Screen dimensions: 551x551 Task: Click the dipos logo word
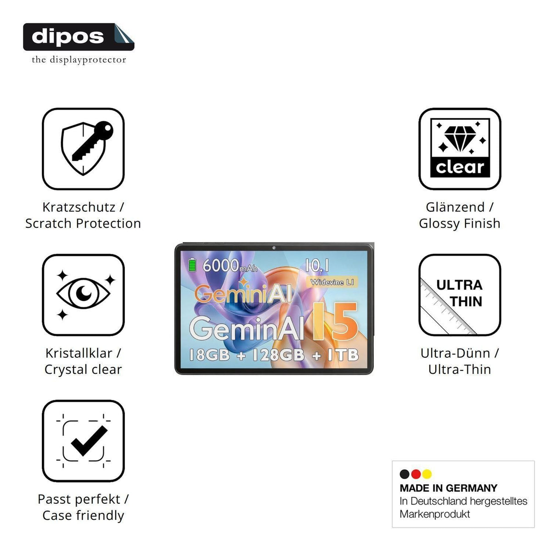pyautogui.click(x=68, y=37)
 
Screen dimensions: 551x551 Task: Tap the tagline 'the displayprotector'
pyautogui.click(x=79, y=60)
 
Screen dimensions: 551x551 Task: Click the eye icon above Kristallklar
pyautogui.click(x=83, y=294)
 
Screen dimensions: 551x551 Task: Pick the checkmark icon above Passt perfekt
pyautogui.click(x=83, y=441)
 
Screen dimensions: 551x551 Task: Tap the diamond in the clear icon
pyautogui.click(x=460, y=138)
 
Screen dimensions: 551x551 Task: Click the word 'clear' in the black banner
pyautogui.click(x=460, y=167)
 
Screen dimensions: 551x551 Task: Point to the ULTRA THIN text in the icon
pyautogui.click(x=460, y=293)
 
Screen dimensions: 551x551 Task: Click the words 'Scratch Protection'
pyautogui.click(x=83, y=223)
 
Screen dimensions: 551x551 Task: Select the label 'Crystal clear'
pyautogui.click(x=83, y=369)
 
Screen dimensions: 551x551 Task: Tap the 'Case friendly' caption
pyautogui.click(x=83, y=515)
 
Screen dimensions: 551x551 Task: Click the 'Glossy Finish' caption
pyautogui.click(x=460, y=224)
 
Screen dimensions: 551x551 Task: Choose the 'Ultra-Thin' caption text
pyautogui.click(x=460, y=369)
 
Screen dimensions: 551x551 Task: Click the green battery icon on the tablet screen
pyautogui.click(x=192, y=265)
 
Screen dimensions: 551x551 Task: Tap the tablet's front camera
pyautogui.click(x=274, y=247)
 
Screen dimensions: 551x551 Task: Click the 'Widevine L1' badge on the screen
pyautogui.click(x=332, y=282)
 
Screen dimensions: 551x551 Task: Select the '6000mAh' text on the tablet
pyautogui.click(x=230, y=266)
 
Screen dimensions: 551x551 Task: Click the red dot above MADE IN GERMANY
pyautogui.click(x=416, y=474)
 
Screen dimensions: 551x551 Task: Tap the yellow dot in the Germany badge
pyautogui.click(x=427, y=474)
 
